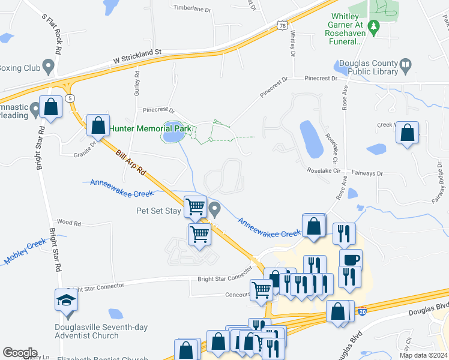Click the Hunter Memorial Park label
click(149, 128)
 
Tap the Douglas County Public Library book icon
click(406, 64)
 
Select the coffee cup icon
click(351, 260)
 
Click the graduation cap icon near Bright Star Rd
click(66, 300)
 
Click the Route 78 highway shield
click(282, 25)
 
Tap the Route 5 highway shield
click(71, 98)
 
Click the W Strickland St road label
click(138, 57)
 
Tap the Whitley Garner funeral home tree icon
click(374, 27)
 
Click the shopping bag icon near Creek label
click(408, 134)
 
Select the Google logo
click(20, 353)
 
